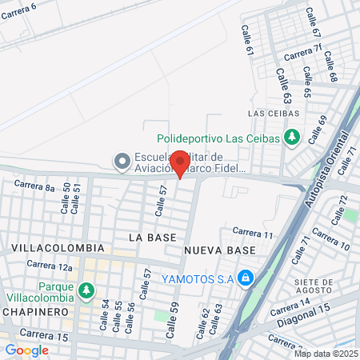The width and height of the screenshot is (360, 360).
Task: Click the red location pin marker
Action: pos(180,163)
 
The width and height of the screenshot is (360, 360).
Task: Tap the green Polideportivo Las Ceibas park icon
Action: pos(291,138)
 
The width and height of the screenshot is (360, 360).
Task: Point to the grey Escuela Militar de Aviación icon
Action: pos(122,162)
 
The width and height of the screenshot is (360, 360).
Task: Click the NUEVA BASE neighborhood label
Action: pos(219,250)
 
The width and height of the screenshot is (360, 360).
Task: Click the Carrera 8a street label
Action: pos(34,187)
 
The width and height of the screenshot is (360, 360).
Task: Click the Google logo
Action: pos(26,350)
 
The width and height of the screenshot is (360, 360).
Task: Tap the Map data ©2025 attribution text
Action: pos(325,354)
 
